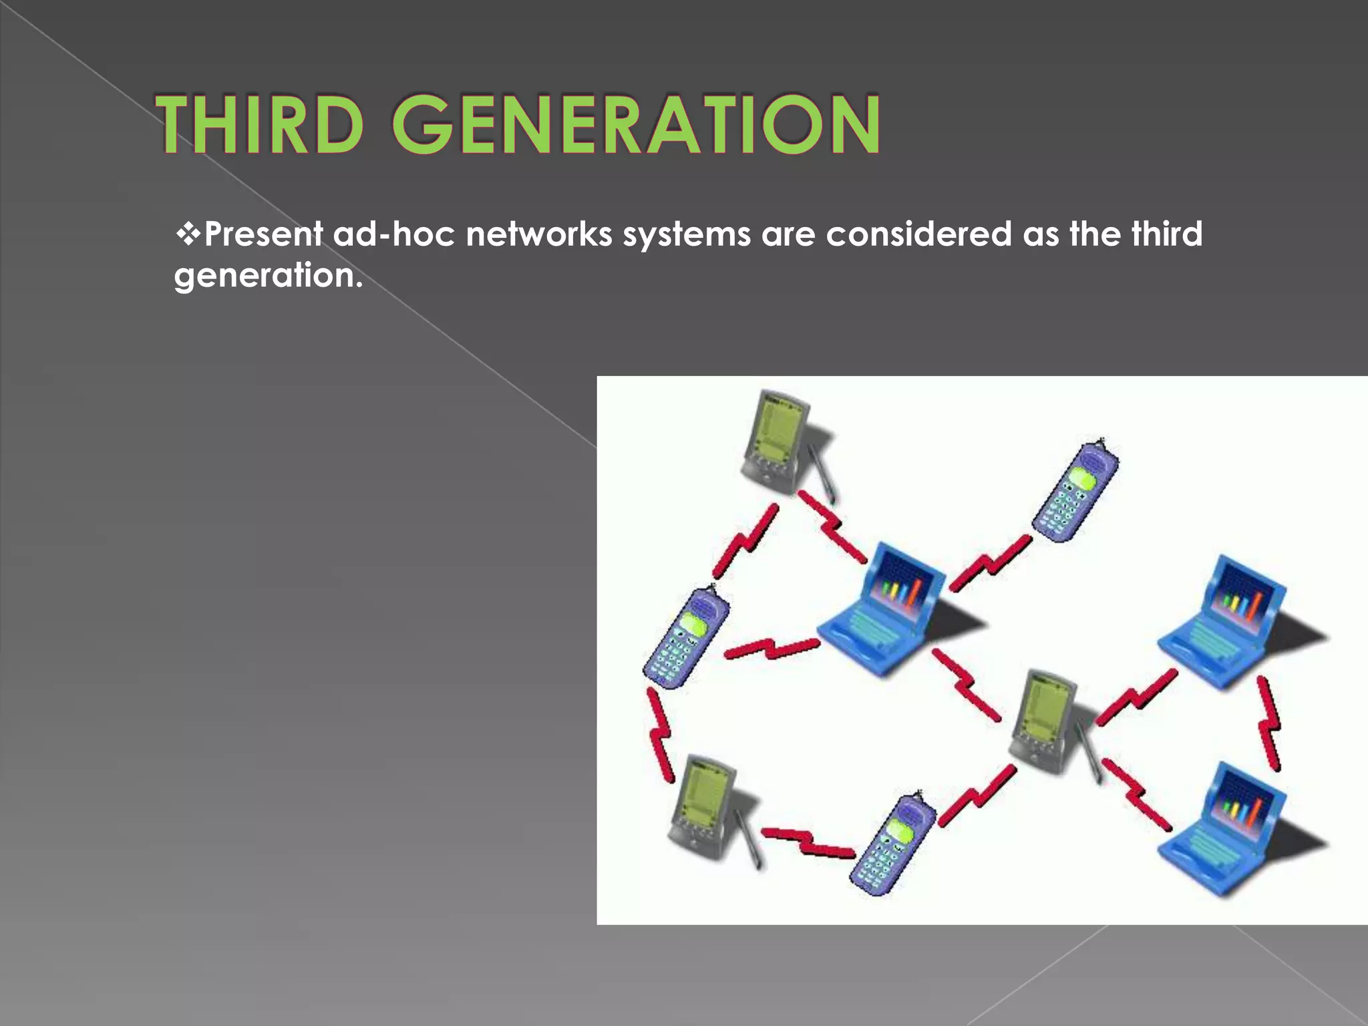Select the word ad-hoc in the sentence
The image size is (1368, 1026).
click(393, 234)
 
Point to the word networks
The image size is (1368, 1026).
click(538, 234)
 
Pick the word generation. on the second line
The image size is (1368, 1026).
click(267, 276)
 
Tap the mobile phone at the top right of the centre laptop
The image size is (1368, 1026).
click(1075, 491)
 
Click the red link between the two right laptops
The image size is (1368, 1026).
click(1269, 725)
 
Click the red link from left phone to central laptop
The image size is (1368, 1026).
click(772, 648)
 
